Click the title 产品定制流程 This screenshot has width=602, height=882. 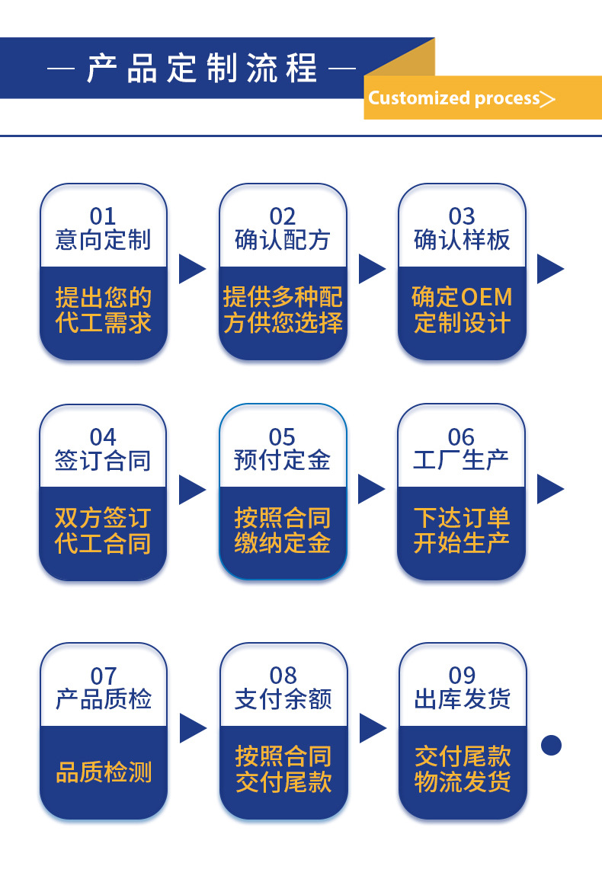click(x=202, y=69)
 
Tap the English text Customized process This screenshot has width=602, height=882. click(x=454, y=98)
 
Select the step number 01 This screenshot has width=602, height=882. click(x=103, y=216)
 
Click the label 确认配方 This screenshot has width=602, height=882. click(x=282, y=241)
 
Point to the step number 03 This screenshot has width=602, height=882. click(x=462, y=216)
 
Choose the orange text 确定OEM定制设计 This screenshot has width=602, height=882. click(x=462, y=309)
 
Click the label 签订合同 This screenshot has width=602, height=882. click(x=103, y=461)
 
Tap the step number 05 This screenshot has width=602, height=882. click(x=282, y=437)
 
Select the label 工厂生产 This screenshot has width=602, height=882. click(x=462, y=461)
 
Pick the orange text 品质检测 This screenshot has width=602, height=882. click(x=104, y=772)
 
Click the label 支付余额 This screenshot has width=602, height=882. click(x=283, y=699)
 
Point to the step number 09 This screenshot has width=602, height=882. click(x=462, y=676)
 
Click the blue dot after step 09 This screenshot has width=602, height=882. click(x=551, y=745)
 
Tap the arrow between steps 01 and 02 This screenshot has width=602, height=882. click(x=192, y=269)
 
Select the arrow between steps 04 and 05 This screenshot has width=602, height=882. click(x=192, y=489)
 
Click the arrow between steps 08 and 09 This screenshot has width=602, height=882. click(x=372, y=728)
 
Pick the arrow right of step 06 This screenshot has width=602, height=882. click(x=550, y=489)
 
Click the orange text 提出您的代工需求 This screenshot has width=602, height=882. click(x=103, y=309)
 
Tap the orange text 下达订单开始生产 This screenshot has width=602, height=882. click(x=462, y=530)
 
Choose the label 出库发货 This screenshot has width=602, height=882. click(x=462, y=699)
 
